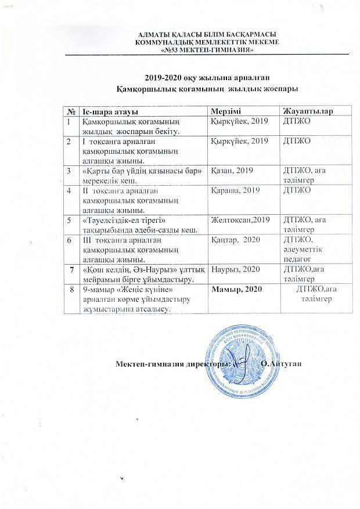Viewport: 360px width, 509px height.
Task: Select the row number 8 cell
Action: tap(72, 289)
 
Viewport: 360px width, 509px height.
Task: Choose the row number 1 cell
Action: tap(70, 121)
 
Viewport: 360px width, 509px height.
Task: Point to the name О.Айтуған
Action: tap(282, 364)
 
